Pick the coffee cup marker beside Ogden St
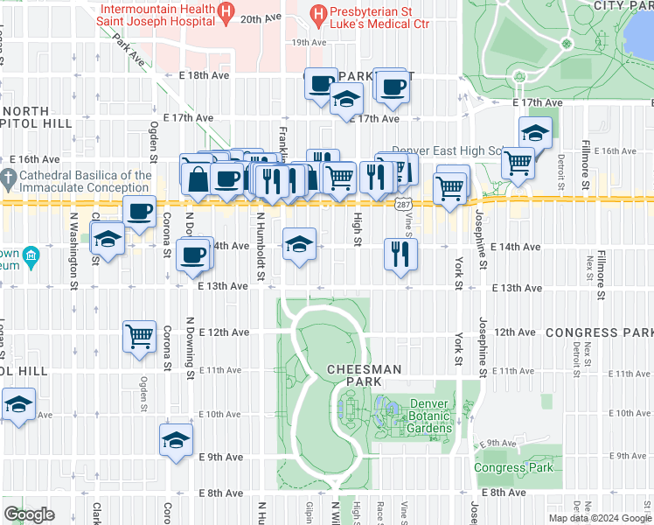tap(139, 211)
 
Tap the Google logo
tap(29, 514)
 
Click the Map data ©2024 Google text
tap(599, 518)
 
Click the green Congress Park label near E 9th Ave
tap(513, 467)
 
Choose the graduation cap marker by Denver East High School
tap(534, 133)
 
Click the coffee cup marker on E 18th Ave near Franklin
tap(321, 84)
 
